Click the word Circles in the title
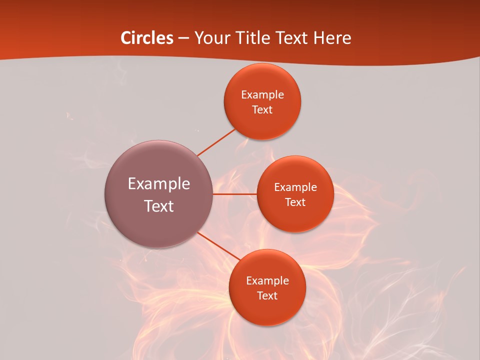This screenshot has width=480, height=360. coord(147,38)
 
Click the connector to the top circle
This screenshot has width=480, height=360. coord(216,142)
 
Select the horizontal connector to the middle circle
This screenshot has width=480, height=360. coord(235,194)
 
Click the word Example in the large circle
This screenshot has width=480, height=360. coord(159,184)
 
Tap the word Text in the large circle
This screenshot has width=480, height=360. coord(159,206)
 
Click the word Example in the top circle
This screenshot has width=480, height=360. coord(262,95)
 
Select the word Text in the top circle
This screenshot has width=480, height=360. coord(262,110)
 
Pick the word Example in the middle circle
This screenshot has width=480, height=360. coord(295,187)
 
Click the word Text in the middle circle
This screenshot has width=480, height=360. coord(295,202)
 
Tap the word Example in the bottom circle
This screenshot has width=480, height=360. coord(267,281)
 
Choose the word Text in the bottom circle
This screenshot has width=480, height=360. coord(267,296)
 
